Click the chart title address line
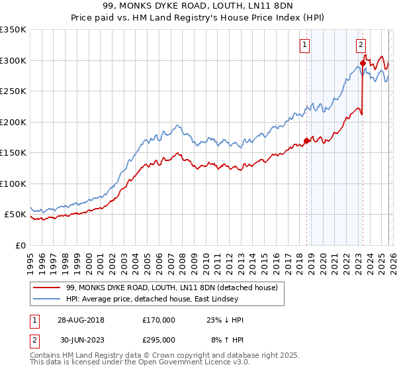198,5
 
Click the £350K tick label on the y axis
13,30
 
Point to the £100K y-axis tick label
13,184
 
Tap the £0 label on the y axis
20,245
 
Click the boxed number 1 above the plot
305,45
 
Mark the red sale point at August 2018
306,140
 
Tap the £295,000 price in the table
159,339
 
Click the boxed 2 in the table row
35,339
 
